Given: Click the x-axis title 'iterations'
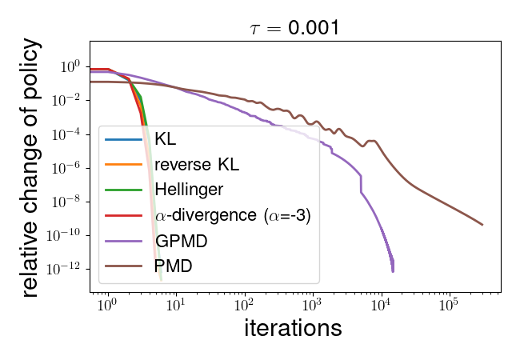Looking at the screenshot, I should [x=293, y=328].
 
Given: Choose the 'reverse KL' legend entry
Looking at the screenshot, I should [x=197, y=166].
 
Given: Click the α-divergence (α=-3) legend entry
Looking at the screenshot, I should [x=232, y=215].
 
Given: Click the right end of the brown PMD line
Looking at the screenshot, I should [x=482, y=225].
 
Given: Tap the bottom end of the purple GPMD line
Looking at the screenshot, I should [x=392, y=271].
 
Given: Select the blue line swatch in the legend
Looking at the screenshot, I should [x=123, y=142].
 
